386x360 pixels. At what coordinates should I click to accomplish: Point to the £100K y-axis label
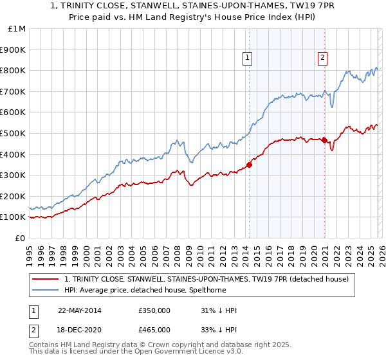pyautogui.click(x=13, y=217)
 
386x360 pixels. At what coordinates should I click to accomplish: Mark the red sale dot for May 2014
pyautogui.click(x=250, y=165)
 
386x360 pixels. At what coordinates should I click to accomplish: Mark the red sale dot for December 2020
pyautogui.click(x=324, y=140)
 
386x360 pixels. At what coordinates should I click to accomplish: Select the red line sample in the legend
pyautogui.click(x=46, y=279)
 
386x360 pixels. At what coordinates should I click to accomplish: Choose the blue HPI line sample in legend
pyautogui.click(x=46, y=290)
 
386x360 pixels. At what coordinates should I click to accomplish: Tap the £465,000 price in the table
pyautogui.click(x=154, y=329)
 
